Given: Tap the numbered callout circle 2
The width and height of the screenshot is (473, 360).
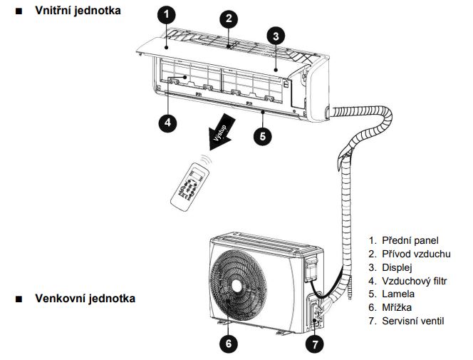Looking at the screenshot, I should pyautogui.click(x=229, y=19).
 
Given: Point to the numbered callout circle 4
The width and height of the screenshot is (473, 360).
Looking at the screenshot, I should pyautogui.click(x=167, y=122).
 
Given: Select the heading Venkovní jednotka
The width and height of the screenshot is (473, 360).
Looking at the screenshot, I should pyautogui.click(x=85, y=297).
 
